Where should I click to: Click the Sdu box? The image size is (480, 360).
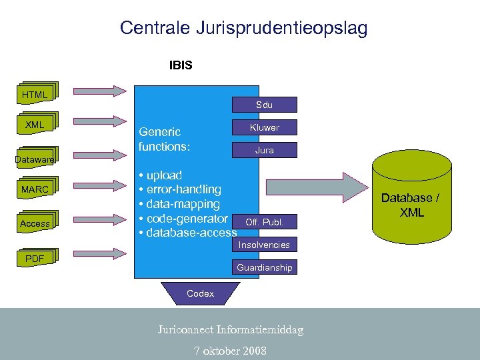point(264,105)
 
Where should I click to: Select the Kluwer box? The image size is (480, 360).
point(264,127)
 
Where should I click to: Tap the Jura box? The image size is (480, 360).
point(264,150)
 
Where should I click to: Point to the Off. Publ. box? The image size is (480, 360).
point(264,222)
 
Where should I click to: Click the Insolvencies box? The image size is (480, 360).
point(264,245)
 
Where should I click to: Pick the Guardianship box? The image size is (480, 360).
point(264,267)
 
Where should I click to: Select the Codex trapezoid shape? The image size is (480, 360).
point(200,293)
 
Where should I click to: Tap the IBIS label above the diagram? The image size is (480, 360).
point(181,65)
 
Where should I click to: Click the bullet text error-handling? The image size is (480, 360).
point(183,189)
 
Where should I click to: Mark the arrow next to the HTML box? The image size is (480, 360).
point(100,91)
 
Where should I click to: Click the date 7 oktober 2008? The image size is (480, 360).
point(230,351)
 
